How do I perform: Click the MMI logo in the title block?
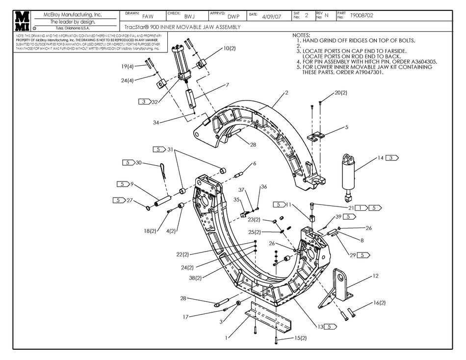tap(22, 21)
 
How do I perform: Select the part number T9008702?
tap(362, 16)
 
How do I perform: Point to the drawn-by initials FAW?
tap(148, 16)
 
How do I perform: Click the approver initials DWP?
tap(233, 16)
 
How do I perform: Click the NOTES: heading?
tap(301, 35)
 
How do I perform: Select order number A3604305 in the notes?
tap(421, 62)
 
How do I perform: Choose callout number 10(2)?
tap(230, 49)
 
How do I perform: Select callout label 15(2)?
tap(300, 338)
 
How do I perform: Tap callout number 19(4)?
tap(127, 66)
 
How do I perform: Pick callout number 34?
tap(155, 122)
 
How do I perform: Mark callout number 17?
tap(185, 317)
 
